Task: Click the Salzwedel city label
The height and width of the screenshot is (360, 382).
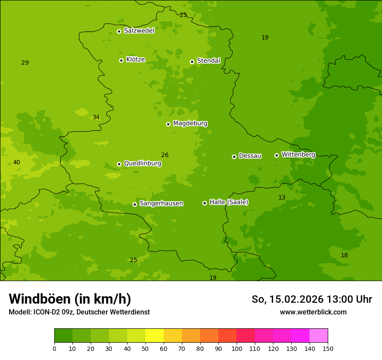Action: [139, 31]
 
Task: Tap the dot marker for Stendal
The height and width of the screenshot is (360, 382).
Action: [192, 62]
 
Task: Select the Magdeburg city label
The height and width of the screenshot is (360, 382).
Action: [190, 124]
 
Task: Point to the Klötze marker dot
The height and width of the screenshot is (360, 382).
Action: [121, 60]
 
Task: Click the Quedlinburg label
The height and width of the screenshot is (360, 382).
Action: [142, 164]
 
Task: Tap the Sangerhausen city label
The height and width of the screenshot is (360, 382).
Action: [161, 203]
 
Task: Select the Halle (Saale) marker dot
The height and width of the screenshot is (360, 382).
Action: [204, 203]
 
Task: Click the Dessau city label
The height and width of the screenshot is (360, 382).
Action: [250, 156]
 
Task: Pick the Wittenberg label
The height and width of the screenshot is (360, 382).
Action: [298, 154]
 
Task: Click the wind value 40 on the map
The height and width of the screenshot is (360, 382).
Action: [16, 163]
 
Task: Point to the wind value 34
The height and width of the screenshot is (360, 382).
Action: [96, 118]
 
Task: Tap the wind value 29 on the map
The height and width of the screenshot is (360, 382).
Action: [25, 63]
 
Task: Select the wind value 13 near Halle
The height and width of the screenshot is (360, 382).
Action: [282, 198]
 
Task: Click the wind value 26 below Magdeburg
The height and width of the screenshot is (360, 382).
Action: [165, 155]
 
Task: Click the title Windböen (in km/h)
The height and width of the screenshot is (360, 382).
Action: [70, 299]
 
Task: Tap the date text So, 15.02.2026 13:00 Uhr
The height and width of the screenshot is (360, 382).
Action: [312, 299]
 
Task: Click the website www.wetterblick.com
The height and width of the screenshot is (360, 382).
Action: [313, 312]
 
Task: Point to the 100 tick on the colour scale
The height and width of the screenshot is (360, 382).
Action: [237, 348]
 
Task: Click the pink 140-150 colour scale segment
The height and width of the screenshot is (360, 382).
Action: [318, 336]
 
